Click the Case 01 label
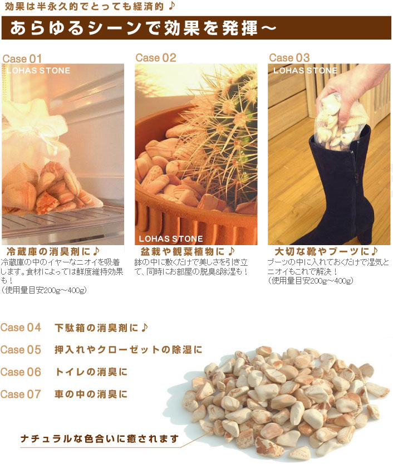(x=22, y=58)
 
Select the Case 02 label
(x=156, y=57)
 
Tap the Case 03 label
(x=289, y=57)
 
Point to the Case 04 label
(x=21, y=328)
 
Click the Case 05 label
(x=21, y=349)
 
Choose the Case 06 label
(x=21, y=372)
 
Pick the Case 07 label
(x=21, y=394)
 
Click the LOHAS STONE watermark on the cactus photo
(x=171, y=239)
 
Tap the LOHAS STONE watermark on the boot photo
(x=305, y=70)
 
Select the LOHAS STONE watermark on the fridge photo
(x=38, y=70)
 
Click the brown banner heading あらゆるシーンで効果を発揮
(x=143, y=28)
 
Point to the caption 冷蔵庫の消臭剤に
(x=53, y=252)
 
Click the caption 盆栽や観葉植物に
(x=188, y=252)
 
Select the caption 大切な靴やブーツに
(x=326, y=252)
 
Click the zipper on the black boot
(x=355, y=179)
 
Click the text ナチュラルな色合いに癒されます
(x=100, y=439)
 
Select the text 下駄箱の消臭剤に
(x=101, y=328)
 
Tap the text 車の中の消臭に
(x=91, y=394)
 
